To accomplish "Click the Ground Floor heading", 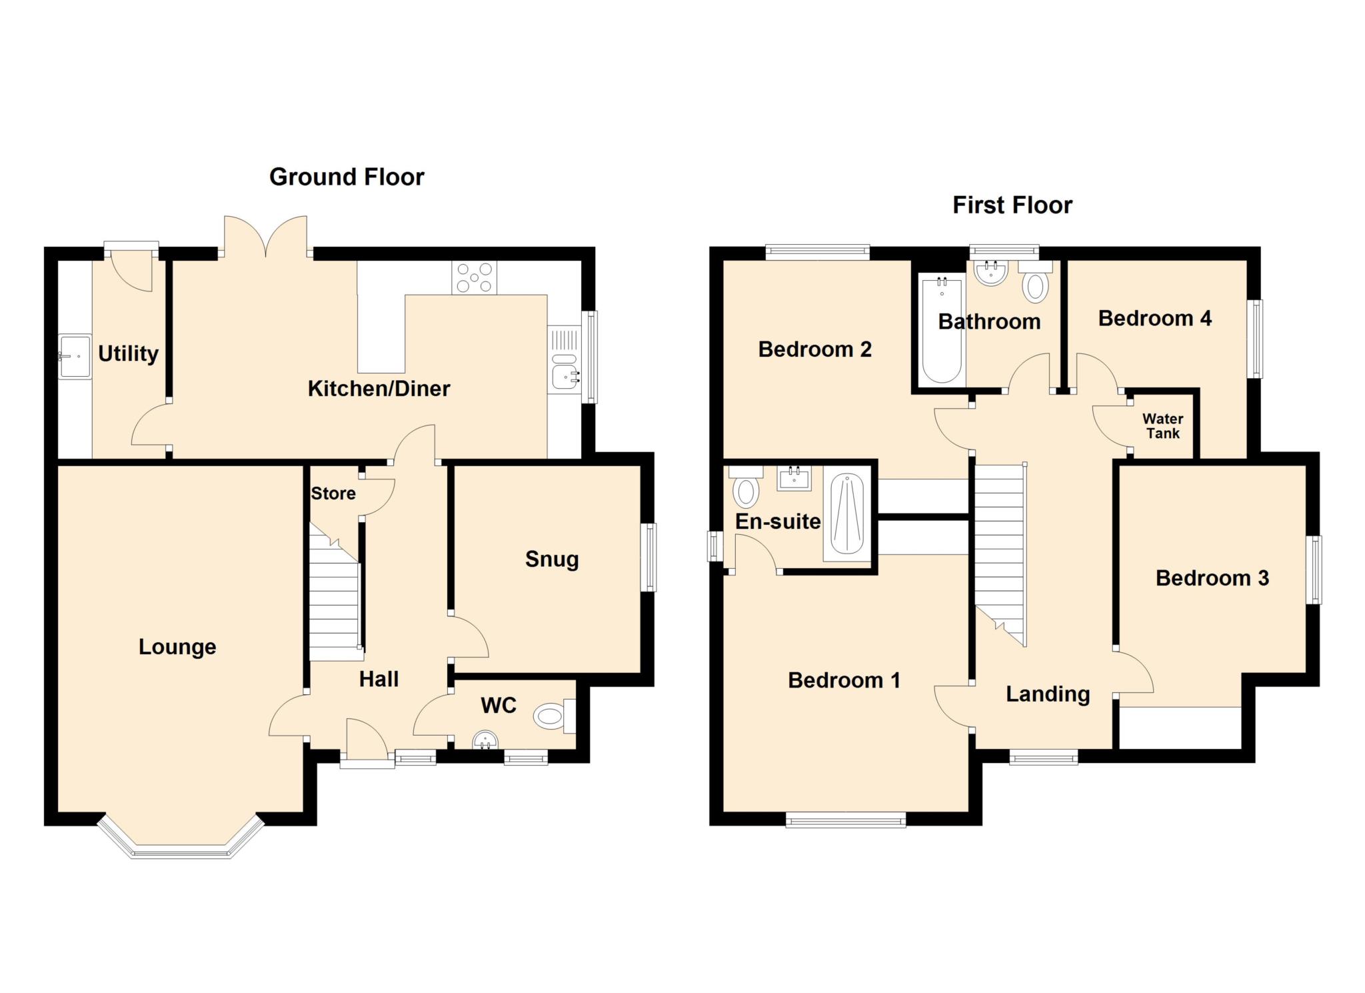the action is [x=347, y=177].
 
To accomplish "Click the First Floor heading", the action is [x=1012, y=205].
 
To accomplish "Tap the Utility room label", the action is [x=129, y=353].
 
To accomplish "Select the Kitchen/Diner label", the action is [x=379, y=388].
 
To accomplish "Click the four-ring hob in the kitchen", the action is [x=474, y=277].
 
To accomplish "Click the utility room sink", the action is [x=74, y=357].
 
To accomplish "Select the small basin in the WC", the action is [x=485, y=740].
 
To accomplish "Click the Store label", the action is [x=333, y=493].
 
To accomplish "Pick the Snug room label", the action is [x=552, y=559].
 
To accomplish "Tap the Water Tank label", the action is [x=1162, y=426].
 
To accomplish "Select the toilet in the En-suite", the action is [x=746, y=487].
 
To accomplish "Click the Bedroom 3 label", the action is [x=1212, y=578].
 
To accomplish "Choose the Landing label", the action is [x=1048, y=694].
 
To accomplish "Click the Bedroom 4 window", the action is [x=1256, y=339].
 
